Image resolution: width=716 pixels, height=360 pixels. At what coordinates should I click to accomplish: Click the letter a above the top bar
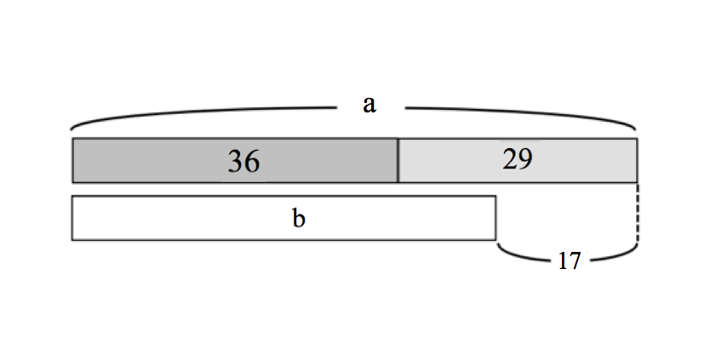point(369,105)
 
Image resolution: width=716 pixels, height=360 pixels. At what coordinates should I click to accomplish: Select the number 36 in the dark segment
point(243,161)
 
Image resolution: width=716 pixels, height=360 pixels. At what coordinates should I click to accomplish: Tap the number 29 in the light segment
point(518,159)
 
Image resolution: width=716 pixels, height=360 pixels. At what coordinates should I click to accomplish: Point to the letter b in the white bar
point(298,218)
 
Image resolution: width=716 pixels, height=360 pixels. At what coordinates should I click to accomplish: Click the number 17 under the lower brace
point(570,261)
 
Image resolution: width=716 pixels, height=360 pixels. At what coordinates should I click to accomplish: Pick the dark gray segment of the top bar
point(235,161)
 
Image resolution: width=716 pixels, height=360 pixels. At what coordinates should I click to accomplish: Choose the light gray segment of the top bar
point(518,161)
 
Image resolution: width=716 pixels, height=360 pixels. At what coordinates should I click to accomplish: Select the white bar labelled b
point(284,218)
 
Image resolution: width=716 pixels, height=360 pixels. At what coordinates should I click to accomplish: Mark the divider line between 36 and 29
point(398,161)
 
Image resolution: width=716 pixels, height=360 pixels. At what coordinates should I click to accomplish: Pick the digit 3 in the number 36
point(236,162)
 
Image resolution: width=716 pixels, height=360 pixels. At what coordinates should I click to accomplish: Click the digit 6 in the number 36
point(253,161)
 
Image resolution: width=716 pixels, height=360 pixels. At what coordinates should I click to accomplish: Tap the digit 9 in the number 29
point(525,160)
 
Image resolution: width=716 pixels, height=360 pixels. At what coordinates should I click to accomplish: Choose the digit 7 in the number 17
point(576,261)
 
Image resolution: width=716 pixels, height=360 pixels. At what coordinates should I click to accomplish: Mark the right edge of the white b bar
point(495,218)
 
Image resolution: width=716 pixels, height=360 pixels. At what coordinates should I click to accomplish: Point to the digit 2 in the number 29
point(510,159)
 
